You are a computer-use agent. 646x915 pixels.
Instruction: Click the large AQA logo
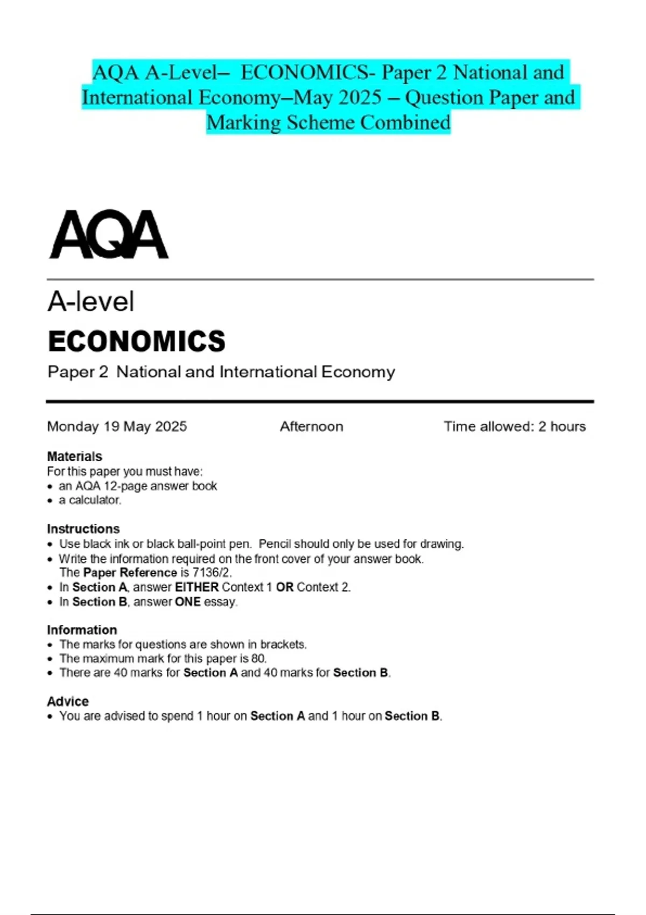pyautogui.click(x=109, y=235)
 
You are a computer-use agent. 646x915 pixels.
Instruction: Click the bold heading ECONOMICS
pyautogui.click(x=137, y=341)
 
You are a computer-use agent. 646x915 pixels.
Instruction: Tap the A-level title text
pyautogui.click(x=90, y=301)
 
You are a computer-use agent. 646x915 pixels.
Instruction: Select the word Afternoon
pyautogui.click(x=311, y=426)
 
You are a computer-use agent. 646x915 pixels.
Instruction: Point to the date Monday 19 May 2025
pyautogui.click(x=117, y=426)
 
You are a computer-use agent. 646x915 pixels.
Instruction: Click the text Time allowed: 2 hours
pyautogui.click(x=514, y=426)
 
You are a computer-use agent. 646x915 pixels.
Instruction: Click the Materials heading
pyautogui.click(x=74, y=456)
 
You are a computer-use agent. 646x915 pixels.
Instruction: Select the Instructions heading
pyautogui.click(x=83, y=529)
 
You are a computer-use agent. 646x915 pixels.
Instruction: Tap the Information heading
pyautogui.click(x=82, y=630)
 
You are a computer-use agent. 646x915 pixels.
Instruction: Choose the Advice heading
pyautogui.click(x=68, y=701)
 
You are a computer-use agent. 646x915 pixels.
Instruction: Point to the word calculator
pyautogui.click(x=95, y=500)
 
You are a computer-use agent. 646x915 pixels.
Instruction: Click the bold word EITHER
pyautogui.click(x=196, y=587)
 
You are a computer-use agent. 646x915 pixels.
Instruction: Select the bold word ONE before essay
pyautogui.click(x=188, y=602)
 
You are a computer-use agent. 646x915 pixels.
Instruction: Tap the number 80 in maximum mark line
pyautogui.click(x=258, y=658)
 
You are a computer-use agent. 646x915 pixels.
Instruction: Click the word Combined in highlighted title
pyautogui.click(x=405, y=123)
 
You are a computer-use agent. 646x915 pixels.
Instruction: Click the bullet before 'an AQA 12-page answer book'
pyautogui.click(x=51, y=487)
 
